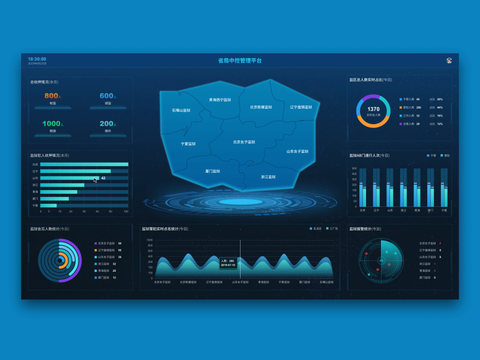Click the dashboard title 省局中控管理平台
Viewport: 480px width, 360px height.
point(240,61)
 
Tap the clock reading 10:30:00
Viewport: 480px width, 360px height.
point(37,59)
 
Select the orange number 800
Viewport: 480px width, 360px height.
point(51,96)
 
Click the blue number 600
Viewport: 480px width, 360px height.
point(106,96)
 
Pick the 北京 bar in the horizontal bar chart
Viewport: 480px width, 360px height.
point(84,164)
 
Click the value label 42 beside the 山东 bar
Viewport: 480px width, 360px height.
point(103,178)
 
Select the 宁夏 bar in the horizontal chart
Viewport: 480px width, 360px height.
point(49,205)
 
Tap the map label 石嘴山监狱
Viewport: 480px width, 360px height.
point(181,110)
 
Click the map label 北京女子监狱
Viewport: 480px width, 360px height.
point(244,142)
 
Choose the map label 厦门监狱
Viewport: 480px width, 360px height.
point(212,171)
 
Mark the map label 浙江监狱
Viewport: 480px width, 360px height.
point(268,177)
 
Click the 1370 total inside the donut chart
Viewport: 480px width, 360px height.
point(373,109)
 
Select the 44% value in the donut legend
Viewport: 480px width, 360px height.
point(440,107)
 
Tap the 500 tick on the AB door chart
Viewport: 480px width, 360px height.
point(354,169)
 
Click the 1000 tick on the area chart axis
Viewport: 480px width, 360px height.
point(149,240)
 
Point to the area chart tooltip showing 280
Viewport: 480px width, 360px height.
point(228,263)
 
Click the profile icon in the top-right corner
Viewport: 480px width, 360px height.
point(449,60)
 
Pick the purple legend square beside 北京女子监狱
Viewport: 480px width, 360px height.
point(95,243)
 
